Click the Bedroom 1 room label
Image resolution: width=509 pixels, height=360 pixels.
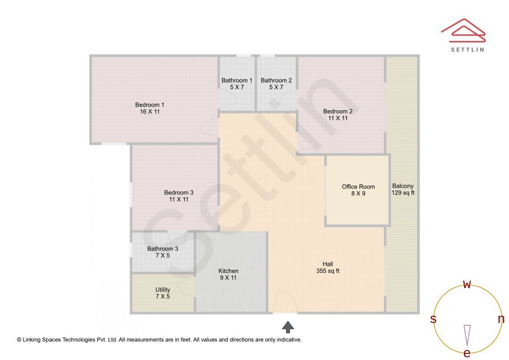pyautogui.click(x=150, y=108)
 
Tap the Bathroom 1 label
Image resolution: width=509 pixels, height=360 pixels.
pyautogui.click(x=237, y=84)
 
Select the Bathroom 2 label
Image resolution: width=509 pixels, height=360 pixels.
pyautogui.click(x=276, y=84)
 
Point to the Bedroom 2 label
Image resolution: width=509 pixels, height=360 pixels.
pyautogui.click(x=338, y=115)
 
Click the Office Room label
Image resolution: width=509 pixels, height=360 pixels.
pyautogui.click(x=359, y=190)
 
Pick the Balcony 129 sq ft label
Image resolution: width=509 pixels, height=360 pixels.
pyautogui.click(x=403, y=189)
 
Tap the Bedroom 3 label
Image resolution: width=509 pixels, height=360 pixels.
pyautogui.click(x=179, y=196)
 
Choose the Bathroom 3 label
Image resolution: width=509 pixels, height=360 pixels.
pyautogui.click(x=163, y=252)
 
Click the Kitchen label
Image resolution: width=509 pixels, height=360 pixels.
pyautogui.click(x=228, y=274)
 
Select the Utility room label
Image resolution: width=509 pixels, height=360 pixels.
pyautogui.click(x=163, y=293)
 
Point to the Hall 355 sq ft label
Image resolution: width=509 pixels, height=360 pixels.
pyautogui.click(x=328, y=267)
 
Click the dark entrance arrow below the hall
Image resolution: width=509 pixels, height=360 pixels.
pyautogui.click(x=288, y=326)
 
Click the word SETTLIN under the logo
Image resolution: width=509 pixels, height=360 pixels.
pyautogui.click(x=468, y=49)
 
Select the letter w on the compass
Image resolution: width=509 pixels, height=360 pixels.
pyautogui.click(x=467, y=284)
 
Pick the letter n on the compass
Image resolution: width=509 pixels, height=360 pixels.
pyautogui.click(x=501, y=319)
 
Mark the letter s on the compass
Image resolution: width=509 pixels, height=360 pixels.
pyautogui.click(x=433, y=319)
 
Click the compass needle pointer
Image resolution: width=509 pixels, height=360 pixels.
pyautogui.click(x=467, y=335)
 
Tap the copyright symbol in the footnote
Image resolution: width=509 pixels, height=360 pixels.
pyautogui.click(x=19, y=340)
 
